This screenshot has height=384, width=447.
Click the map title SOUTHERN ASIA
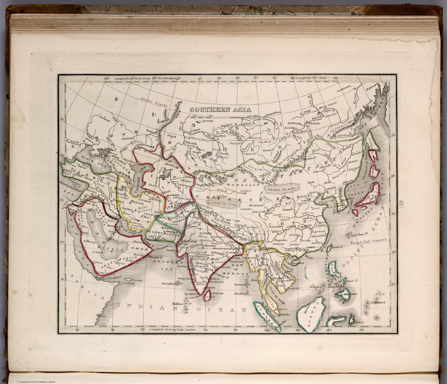tap(220, 110)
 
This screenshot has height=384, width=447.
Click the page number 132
tap(402, 205)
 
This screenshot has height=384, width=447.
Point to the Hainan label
tap(298, 263)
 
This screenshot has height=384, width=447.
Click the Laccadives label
tap(170, 283)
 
